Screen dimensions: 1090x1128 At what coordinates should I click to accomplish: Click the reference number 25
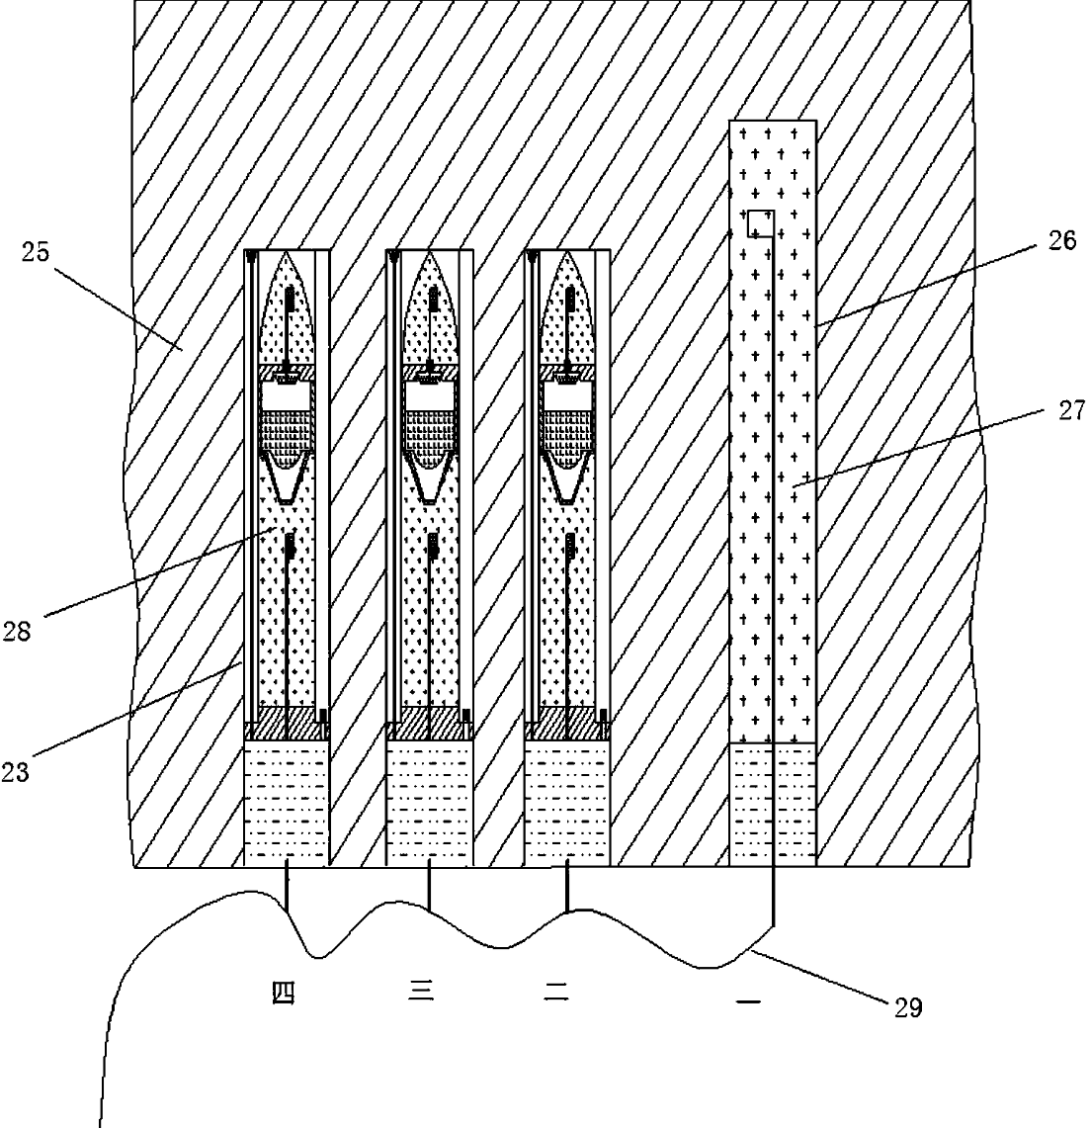(35, 252)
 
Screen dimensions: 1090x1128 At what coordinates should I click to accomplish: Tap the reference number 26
(1061, 240)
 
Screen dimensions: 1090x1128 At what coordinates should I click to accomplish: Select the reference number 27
(1071, 410)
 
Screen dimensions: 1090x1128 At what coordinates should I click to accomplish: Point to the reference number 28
(16, 632)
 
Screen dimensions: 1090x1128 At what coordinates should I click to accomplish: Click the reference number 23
(15, 772)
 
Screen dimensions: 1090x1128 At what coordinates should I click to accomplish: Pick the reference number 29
(907, 1007)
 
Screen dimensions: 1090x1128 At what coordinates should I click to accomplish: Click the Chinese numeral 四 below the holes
(284, 993)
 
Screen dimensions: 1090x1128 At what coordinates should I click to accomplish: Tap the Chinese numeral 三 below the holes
(421, 992)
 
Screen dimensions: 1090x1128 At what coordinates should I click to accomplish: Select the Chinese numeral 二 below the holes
(556, 992)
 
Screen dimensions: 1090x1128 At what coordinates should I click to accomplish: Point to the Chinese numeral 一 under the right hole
(748, 1000)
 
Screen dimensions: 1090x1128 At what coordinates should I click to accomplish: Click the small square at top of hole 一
(760, 223)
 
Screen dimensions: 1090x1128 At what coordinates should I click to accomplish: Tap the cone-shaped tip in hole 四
(287, 307)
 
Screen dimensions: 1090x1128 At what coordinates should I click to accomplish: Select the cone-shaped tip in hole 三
(430, 307)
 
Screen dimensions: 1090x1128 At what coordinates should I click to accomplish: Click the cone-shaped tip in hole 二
(568, 307)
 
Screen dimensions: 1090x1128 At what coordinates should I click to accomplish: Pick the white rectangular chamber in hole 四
(287, 395)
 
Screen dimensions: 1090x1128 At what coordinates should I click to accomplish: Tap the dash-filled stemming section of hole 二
(568, 803)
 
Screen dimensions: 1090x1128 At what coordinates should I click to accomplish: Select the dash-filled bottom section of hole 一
(773, 804)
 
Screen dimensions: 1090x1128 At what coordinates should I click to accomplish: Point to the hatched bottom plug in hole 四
(287, 724)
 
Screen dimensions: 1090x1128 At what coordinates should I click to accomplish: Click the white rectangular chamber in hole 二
(568, 395)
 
